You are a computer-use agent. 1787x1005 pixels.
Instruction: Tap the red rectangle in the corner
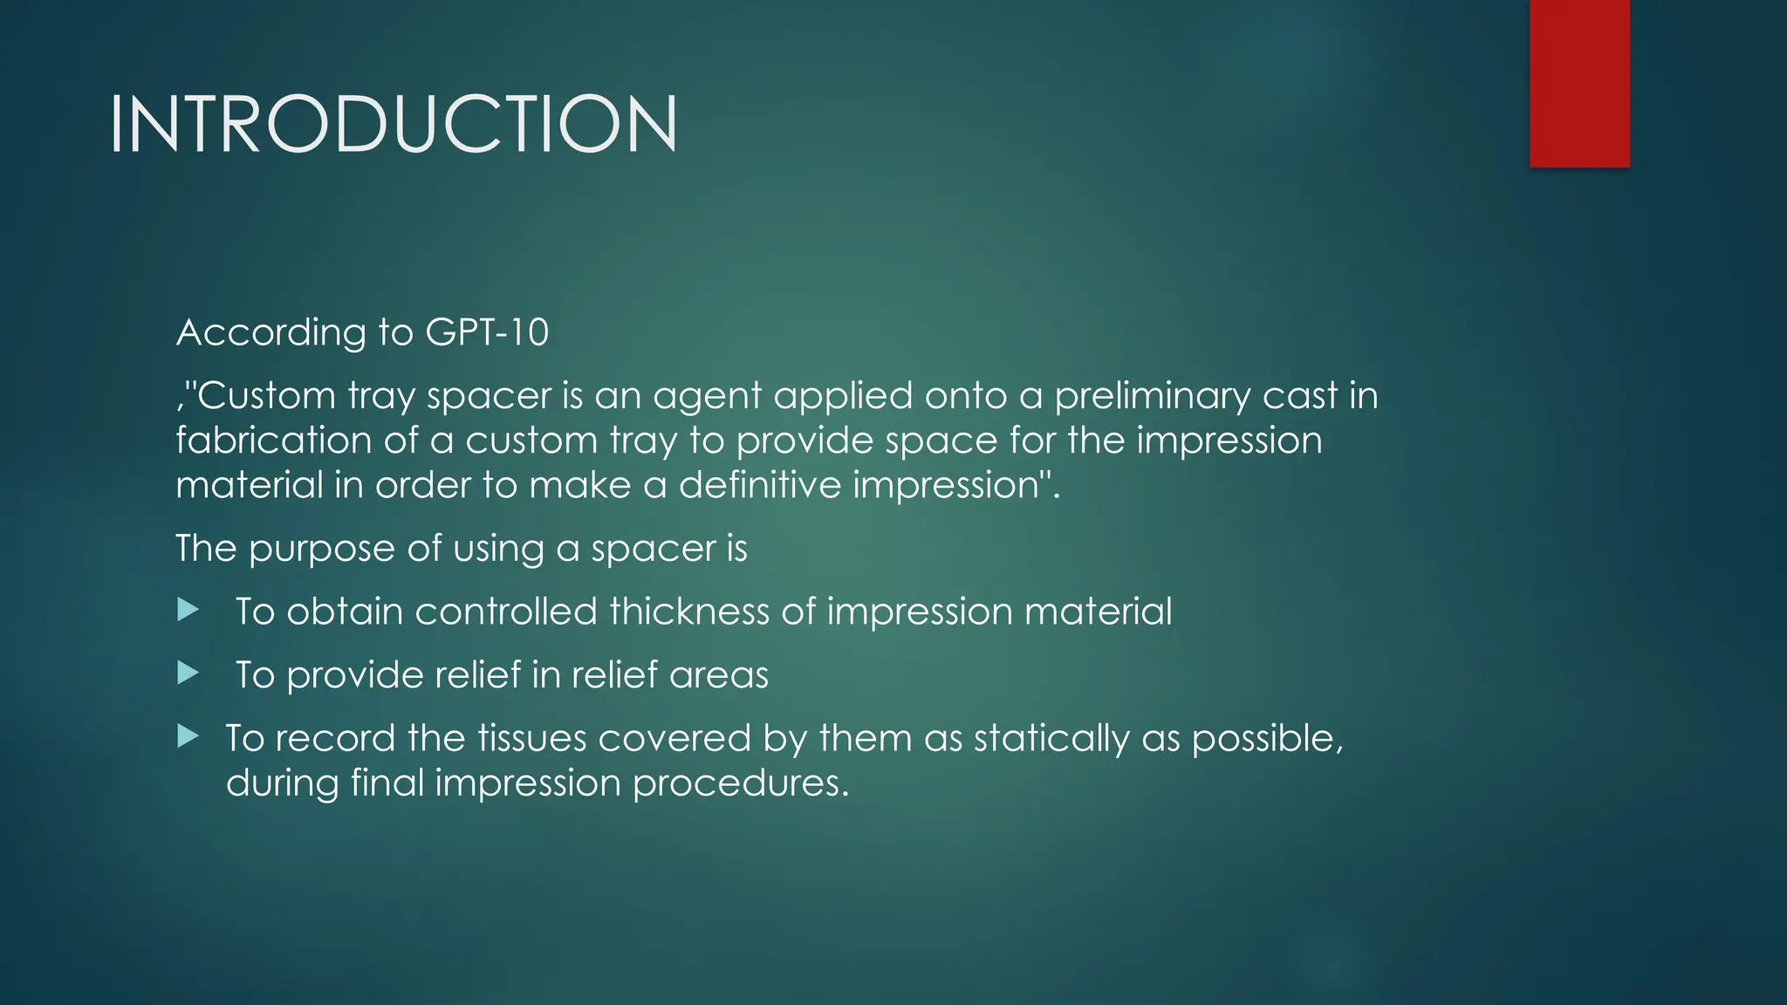(1579, 83)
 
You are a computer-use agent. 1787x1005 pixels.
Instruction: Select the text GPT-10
(487, 332)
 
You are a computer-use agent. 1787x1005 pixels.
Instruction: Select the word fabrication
(273, 440)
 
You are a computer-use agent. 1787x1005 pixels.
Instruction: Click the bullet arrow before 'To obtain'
(188, 610)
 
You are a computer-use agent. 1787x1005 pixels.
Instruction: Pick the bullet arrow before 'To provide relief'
(188, 673)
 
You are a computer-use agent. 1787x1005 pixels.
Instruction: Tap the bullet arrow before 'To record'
(188, 736)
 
